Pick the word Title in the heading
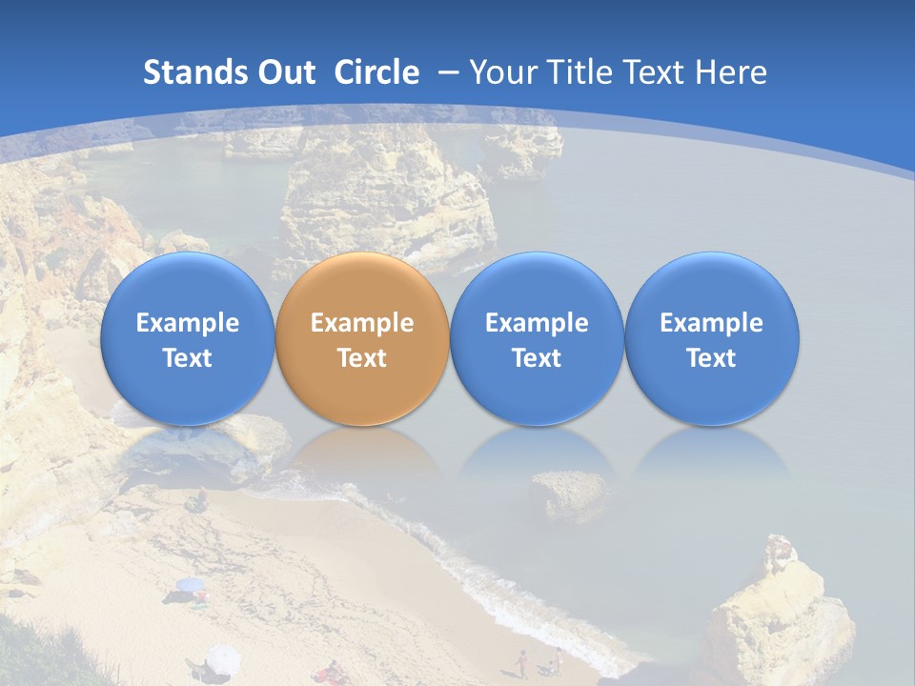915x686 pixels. (579, 72)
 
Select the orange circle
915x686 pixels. (362, 338)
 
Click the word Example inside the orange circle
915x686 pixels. (362, 323)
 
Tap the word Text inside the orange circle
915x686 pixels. (362, 358)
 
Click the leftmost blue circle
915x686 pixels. (187, 338)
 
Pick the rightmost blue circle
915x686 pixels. (711, 338)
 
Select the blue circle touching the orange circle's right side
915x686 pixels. (537, 338)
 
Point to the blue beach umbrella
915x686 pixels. (190, 584)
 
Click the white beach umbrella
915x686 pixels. (223, 656)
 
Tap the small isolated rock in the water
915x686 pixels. (567, 493)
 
